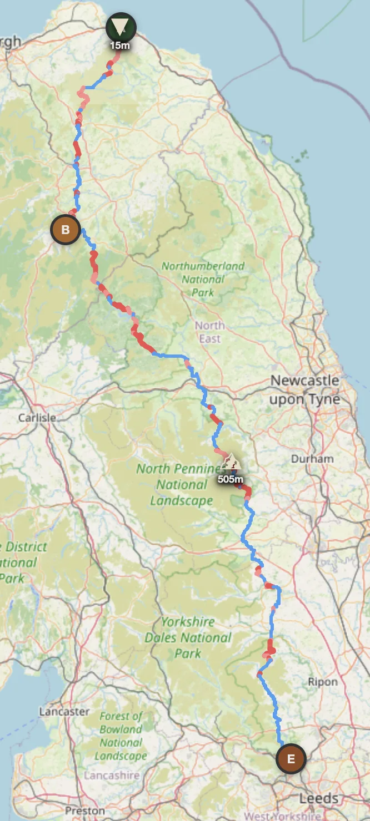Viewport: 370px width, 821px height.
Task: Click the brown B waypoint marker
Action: [x=66, y=229]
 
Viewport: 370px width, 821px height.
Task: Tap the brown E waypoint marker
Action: [x=291, y=758]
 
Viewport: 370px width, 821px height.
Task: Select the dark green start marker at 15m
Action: [x=121, y=26]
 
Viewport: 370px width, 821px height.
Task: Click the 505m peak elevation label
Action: [x=230, y=479]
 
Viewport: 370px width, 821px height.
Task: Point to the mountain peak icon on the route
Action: [x=229, y=462]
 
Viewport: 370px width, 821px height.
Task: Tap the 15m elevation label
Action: [x=120, y=45]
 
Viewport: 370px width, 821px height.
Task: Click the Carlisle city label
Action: [x=37, y=417]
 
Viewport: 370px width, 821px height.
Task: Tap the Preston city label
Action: [x=77, y=810]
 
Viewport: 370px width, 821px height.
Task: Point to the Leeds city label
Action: [x=318, y=798]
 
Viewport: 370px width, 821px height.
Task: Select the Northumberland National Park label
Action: [x=203, y=279]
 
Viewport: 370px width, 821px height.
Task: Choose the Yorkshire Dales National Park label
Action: [x=188, y=637]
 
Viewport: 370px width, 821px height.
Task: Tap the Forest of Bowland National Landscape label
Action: [x=121, y=736]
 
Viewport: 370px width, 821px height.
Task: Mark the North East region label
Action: [x=209, y=332]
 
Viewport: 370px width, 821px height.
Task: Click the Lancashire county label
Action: [x=111, y=775]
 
